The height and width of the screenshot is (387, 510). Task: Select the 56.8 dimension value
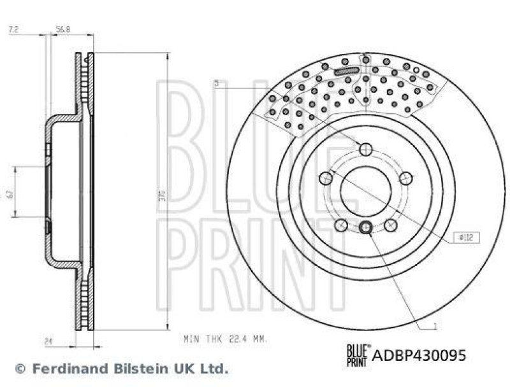point(62,29)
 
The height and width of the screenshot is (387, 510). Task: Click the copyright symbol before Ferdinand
point(20,368)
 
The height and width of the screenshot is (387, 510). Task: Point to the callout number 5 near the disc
point(216,83)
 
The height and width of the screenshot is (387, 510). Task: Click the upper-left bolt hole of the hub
point(325,178)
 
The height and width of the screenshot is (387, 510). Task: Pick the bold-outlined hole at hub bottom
point(366,228)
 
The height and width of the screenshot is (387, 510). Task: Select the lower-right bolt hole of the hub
point(390,225)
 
